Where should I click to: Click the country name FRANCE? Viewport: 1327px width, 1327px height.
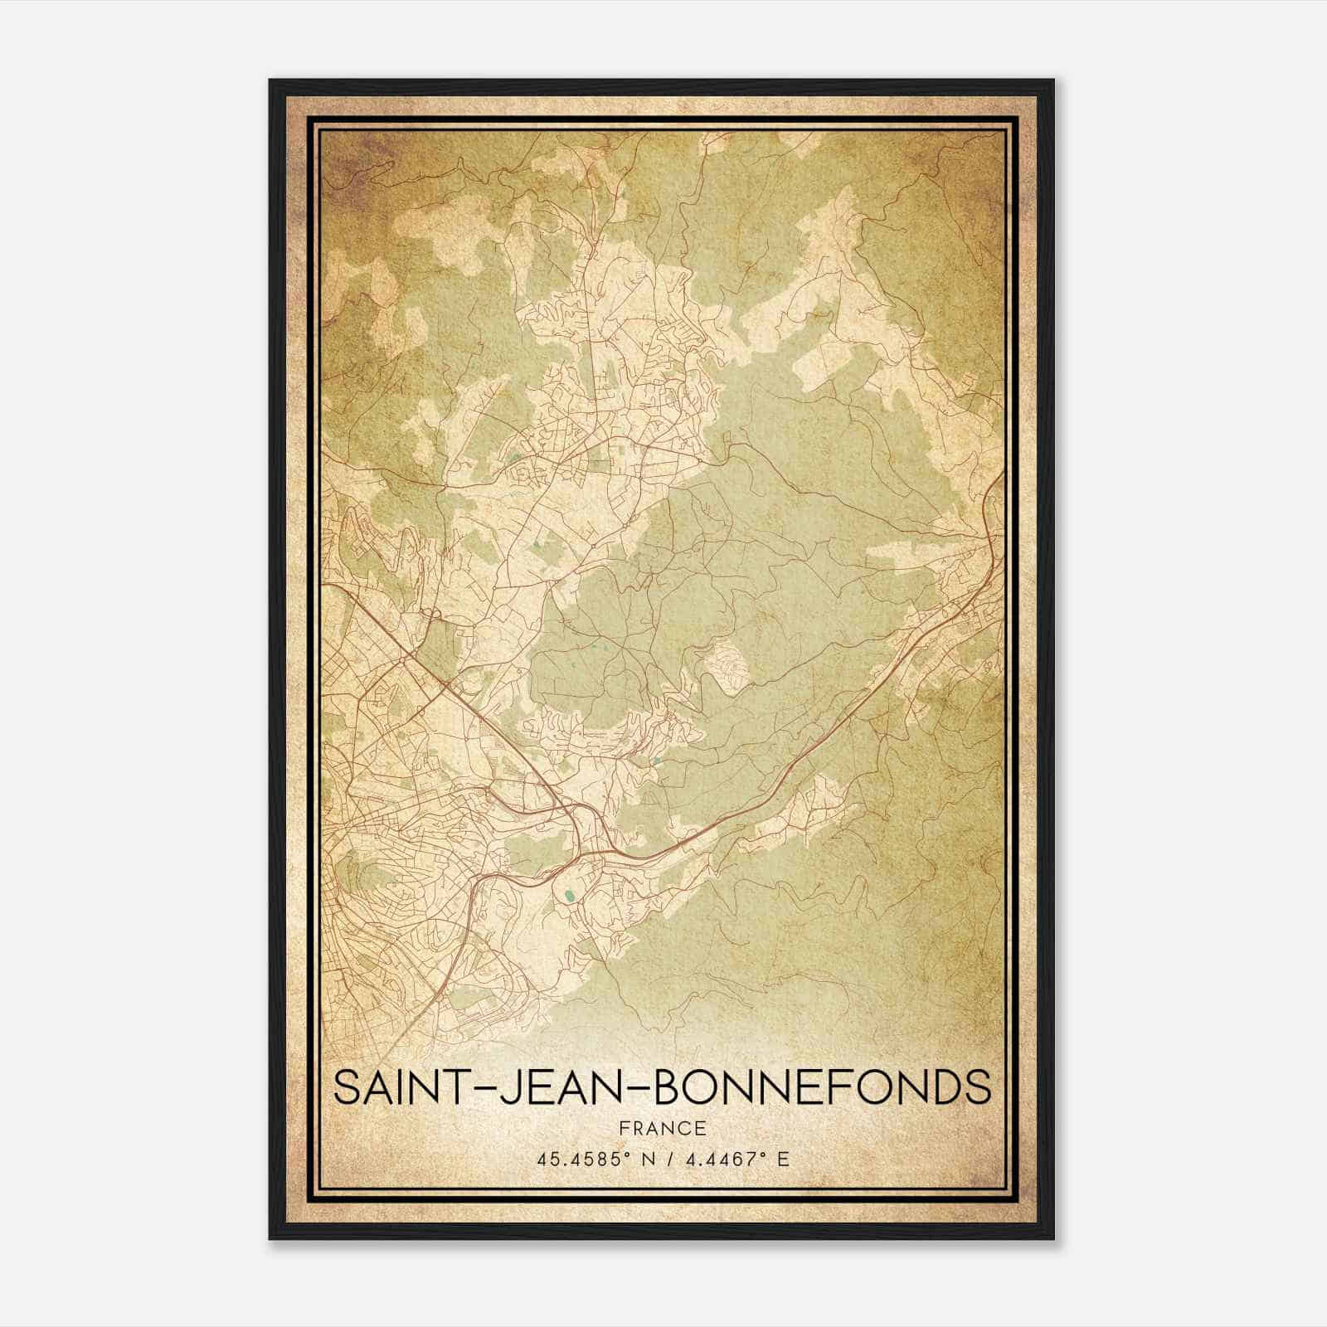pyautogui.click(x=662, y=1128)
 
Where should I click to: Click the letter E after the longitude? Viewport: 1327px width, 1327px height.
pyautogui.click(x=783, y=1159)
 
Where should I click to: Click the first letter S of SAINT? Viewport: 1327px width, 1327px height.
pyautogui.click(x=348, y=1087)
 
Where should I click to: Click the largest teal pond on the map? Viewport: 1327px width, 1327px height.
pyautogui.click(x=568, y=895)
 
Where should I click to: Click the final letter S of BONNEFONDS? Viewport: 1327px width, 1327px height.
pyautogui.click(x=978, y=1087)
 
